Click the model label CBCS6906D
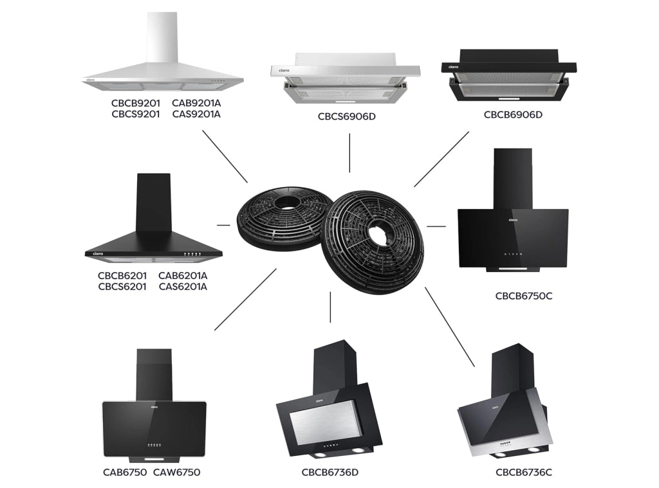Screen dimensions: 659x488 point(347,116)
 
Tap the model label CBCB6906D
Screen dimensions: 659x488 point(513,114)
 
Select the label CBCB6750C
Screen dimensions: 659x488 point(524,296)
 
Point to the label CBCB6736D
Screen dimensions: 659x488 point(330,473)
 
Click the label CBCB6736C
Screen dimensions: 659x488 point(524,473)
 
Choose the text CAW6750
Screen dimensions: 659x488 point(176,473)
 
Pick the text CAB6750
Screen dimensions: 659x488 point(125,473)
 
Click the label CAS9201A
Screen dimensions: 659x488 point(196,114)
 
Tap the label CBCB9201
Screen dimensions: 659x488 point(136,103)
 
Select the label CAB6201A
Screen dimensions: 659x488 point(183,275)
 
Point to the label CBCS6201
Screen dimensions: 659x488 point(122,286)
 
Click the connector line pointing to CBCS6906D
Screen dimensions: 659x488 point(349,153)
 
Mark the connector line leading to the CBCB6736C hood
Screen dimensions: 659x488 point(450,327)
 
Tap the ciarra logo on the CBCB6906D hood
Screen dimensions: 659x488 point(454,67)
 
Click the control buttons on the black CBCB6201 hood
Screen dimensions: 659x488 point(192,254)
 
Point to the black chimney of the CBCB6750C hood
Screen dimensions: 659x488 point(513,179)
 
